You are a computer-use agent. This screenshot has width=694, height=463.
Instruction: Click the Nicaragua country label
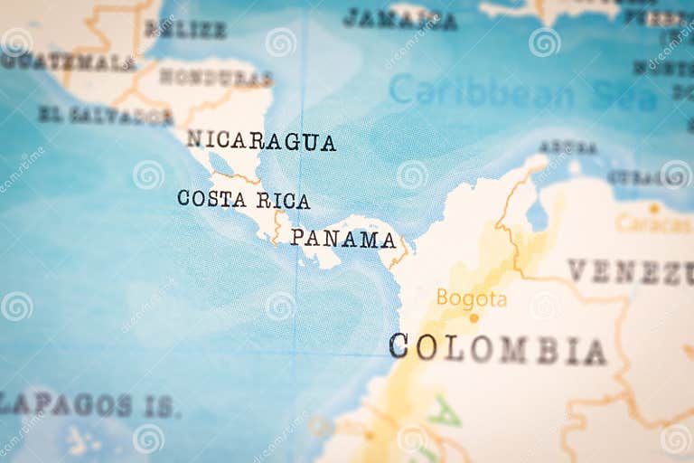(260, 141)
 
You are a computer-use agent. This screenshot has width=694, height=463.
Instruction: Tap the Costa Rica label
(243, 199)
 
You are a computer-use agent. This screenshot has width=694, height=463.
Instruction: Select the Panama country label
(343, 239)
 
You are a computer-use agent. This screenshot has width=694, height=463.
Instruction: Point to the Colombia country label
(497, 348)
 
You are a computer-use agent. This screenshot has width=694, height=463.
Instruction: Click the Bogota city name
(471, 298)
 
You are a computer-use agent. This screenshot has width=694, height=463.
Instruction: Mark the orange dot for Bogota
(474, 317)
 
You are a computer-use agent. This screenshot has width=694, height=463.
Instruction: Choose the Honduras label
(215, 78)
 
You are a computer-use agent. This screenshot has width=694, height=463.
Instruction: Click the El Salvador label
(105, 115)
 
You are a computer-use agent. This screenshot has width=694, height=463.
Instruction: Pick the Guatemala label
(68, 62)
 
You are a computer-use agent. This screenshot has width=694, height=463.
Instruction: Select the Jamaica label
(399, 18)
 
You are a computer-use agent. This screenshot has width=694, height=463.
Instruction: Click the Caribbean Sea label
(522, 92)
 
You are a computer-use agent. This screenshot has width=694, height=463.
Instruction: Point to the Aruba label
(567, 146)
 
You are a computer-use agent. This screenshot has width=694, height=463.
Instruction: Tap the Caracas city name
(653, 222)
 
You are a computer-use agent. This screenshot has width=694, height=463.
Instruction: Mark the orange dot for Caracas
(653, 208)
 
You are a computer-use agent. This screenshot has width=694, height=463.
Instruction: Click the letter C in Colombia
(399, 345)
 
